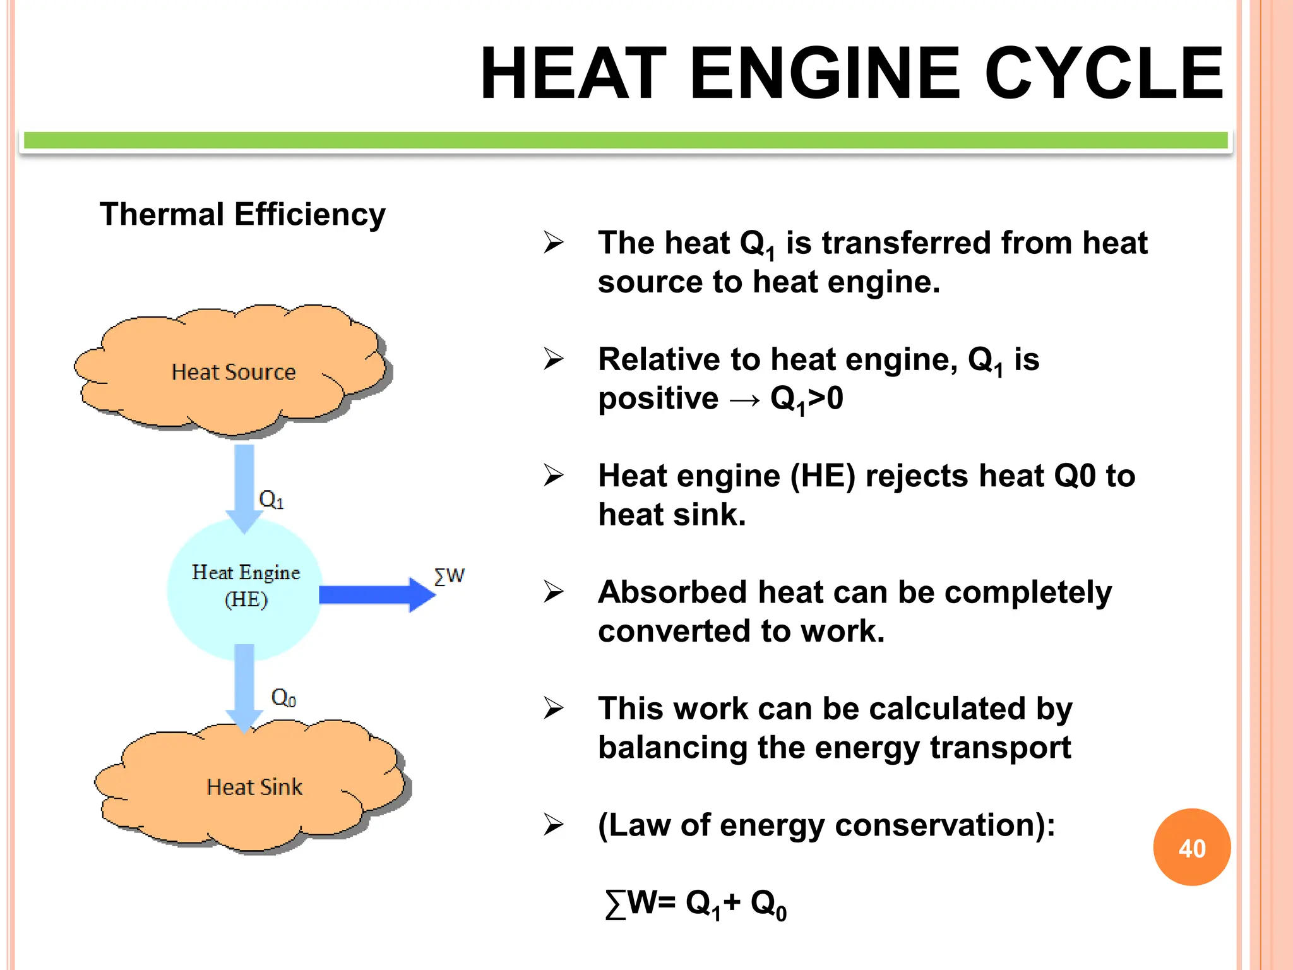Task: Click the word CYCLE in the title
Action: tap(1104, 74)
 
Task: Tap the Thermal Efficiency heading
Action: tap(242, 214)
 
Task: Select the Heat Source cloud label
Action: tap(234, 372)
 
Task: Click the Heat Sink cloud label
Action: tap(254, 787)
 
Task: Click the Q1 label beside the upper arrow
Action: tap(271, 500)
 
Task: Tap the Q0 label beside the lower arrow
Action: tap(283, 698)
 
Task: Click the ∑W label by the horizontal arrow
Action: tap(450, 575)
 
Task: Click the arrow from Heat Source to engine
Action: tap(244, 483)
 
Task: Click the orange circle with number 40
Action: tap(1191, 847)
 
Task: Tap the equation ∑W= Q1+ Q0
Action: tap(695, 904)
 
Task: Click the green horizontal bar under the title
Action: tap(625, 140)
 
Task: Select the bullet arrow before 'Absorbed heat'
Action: tap(554, 592)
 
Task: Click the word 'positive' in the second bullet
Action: tap(658, 398)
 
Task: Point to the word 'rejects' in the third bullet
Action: tap(917, 476)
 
